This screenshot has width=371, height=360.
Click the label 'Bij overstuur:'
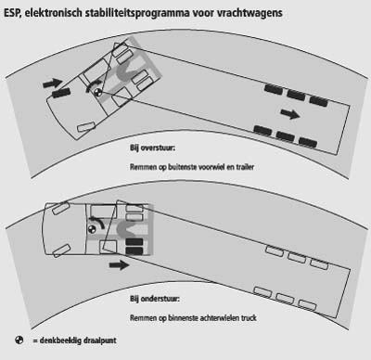click(x=153, y=148)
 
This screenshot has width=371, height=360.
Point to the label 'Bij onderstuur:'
click(x=155, y=299)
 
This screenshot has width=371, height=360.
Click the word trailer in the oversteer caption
click(x=245, y=167)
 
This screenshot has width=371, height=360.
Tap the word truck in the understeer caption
click(x=249, y=318)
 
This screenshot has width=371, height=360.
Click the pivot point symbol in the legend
click(x=19, y=341)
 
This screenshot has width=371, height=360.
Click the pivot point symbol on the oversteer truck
click(x=98, y=92)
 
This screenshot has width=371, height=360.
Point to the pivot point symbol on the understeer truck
click(x=92, y=229)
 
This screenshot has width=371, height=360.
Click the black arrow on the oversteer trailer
click(x=290, y=114)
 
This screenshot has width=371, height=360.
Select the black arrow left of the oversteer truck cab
click(x=53, y=83)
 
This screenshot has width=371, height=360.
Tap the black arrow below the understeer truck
click(x=120, y=264)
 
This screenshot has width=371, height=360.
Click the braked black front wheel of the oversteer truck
click(x=61, y=93)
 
